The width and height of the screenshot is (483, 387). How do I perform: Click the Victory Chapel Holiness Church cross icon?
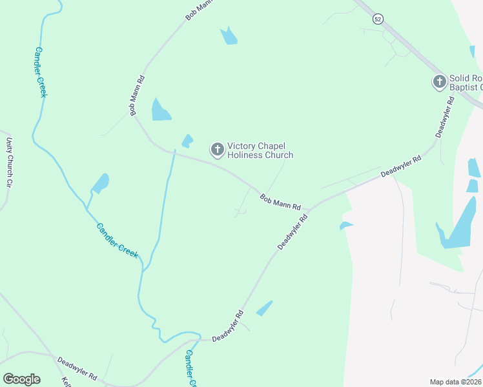218,150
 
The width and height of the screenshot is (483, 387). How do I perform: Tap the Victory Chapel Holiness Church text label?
260,150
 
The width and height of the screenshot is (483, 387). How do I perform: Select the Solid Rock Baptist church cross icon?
440,81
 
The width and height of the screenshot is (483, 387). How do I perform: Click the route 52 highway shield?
378,19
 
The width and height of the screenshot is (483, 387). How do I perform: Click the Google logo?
21,379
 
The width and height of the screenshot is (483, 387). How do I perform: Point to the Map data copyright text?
455,381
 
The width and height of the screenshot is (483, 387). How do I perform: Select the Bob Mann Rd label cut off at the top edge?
200,8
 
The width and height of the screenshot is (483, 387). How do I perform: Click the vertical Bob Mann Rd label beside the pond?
136,95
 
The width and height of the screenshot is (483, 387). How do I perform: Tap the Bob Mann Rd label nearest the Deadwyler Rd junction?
280,202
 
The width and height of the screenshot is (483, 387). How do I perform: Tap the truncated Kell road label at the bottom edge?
65,381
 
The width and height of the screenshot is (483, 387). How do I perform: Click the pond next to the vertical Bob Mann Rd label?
159,110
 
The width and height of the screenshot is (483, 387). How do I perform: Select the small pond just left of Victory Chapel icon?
187,141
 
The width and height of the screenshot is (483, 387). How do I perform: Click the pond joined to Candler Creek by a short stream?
101,183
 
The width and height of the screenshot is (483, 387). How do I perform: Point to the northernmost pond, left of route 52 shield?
229,36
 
